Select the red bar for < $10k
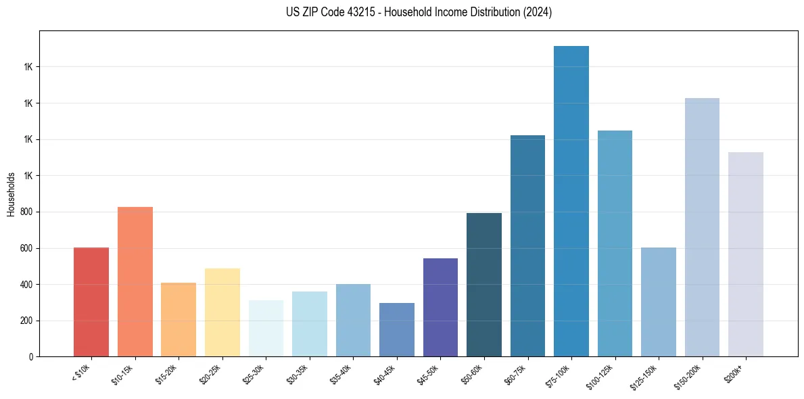91,302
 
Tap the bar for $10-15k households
135,282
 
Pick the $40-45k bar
397,329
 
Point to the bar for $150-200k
702,227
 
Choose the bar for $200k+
746,254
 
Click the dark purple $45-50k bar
440,308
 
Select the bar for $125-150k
659,302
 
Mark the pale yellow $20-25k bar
222,312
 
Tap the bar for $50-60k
484,285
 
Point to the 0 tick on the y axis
31,356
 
